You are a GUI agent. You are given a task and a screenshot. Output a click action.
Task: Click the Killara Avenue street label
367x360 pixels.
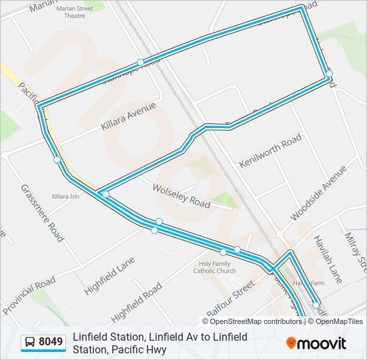pyautogui.click(x=128, y=116)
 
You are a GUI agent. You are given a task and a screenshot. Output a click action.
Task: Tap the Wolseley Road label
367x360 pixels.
pyautogui.click(x=181, y=195)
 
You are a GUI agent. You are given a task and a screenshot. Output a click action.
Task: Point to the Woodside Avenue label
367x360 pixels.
pyautogui.click(x=319, y=193)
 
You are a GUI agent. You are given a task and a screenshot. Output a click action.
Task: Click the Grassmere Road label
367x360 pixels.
pyautogui.click(x=42, y=213)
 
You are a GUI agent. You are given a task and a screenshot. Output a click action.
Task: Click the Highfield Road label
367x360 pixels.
pyautogui.click(x=136, y=301)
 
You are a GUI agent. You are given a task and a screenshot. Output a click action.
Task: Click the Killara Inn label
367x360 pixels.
pyautogui.click(x=65, y=197)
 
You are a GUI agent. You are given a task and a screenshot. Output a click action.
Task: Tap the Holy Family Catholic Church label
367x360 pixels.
pyautogui.click(x=214, y=267)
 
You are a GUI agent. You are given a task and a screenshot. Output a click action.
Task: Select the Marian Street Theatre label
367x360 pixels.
pyautogui.click(x=75, y=12)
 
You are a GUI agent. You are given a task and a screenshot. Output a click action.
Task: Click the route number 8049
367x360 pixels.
pyautogui.click(x=51, y=343)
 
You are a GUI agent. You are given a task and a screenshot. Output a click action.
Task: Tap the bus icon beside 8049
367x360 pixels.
pyautogui.click(x=30, y=343)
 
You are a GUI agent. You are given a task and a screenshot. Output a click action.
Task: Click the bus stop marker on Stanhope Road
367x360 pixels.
pyautogui.click(x=140, y=62)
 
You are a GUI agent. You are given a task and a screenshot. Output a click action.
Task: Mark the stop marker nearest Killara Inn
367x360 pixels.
pyautogui.click(x=57, y=159)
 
